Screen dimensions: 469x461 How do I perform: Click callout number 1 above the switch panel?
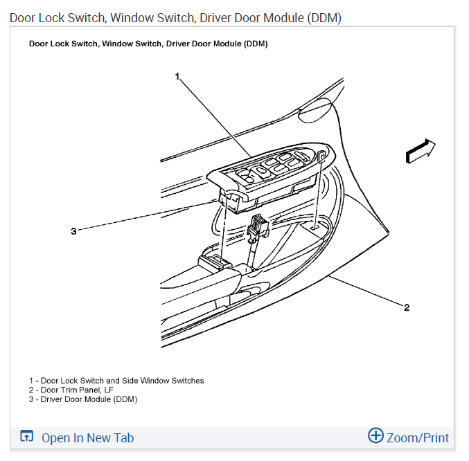click(x=177, y=76)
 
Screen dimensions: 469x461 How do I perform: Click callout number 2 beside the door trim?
click(x=407, y=307)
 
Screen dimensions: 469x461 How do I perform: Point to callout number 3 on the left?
click(x=73, y=231)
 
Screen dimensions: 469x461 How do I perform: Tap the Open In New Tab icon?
click(x=27, y=437)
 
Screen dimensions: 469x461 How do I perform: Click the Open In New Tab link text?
click(x=87, y=437)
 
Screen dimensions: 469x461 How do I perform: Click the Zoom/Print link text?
click(x=418, y=437)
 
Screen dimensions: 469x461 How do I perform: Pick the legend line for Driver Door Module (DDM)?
click(x=84, y=399)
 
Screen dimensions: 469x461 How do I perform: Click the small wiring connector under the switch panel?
click(x=257, y=226)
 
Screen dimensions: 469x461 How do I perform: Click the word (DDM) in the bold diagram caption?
click(x=254, y=44)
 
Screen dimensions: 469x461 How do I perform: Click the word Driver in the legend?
click(x=52, y=399)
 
